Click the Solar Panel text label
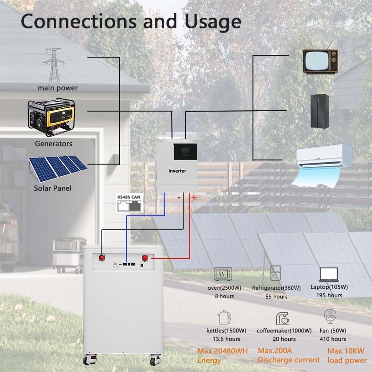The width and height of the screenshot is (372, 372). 53,188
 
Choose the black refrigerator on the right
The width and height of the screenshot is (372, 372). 320,111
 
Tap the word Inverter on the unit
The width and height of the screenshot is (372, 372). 177,171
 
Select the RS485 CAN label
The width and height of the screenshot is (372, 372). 129,198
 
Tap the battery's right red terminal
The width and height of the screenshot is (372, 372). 145,258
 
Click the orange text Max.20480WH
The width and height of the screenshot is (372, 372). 222,350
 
